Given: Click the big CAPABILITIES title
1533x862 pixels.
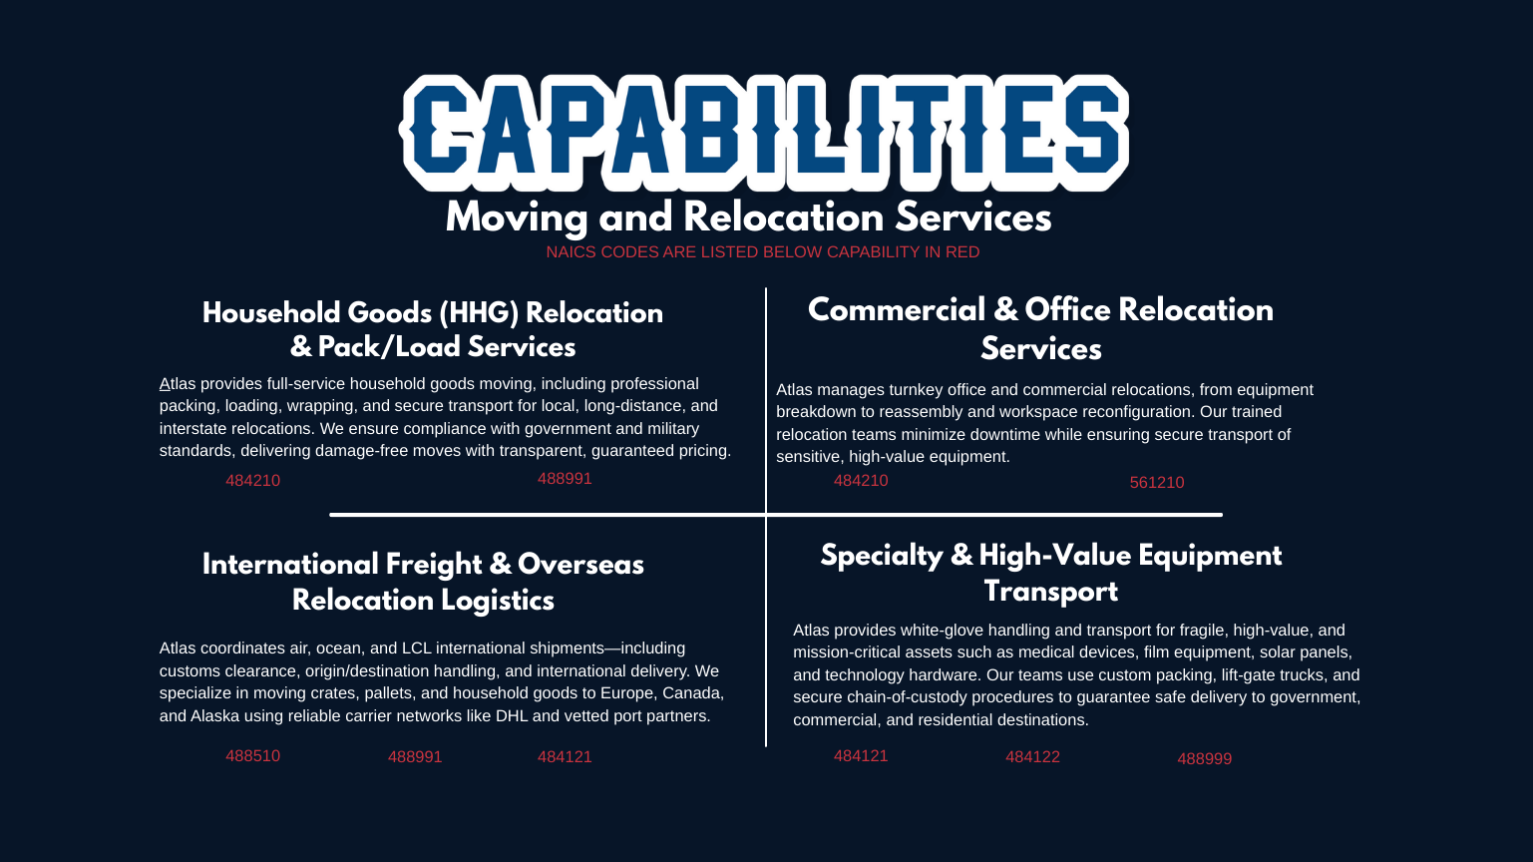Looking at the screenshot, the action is (x=764, y=132).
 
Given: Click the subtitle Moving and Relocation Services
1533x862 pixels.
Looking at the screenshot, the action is (x=748, y=217).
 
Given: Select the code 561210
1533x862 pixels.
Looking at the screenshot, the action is (x=1157, y=483).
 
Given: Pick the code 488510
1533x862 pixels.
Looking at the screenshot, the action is (x=253, y=756).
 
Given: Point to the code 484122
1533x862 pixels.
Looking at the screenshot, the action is (x=1032, y=757).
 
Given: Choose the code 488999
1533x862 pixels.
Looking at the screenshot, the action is (x=1205, y=758).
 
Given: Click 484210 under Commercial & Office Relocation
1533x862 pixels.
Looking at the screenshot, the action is (x=861, y=481).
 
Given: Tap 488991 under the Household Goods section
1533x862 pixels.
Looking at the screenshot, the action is (x=565, y=479).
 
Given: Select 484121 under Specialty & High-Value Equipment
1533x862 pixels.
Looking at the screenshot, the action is (x=861, y=756).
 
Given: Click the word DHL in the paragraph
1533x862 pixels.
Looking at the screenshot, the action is (x=512, y=716).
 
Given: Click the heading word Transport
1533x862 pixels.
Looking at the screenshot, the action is (x=1050, y=592).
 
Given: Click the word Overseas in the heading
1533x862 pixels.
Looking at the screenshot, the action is (x=580, y=565).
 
